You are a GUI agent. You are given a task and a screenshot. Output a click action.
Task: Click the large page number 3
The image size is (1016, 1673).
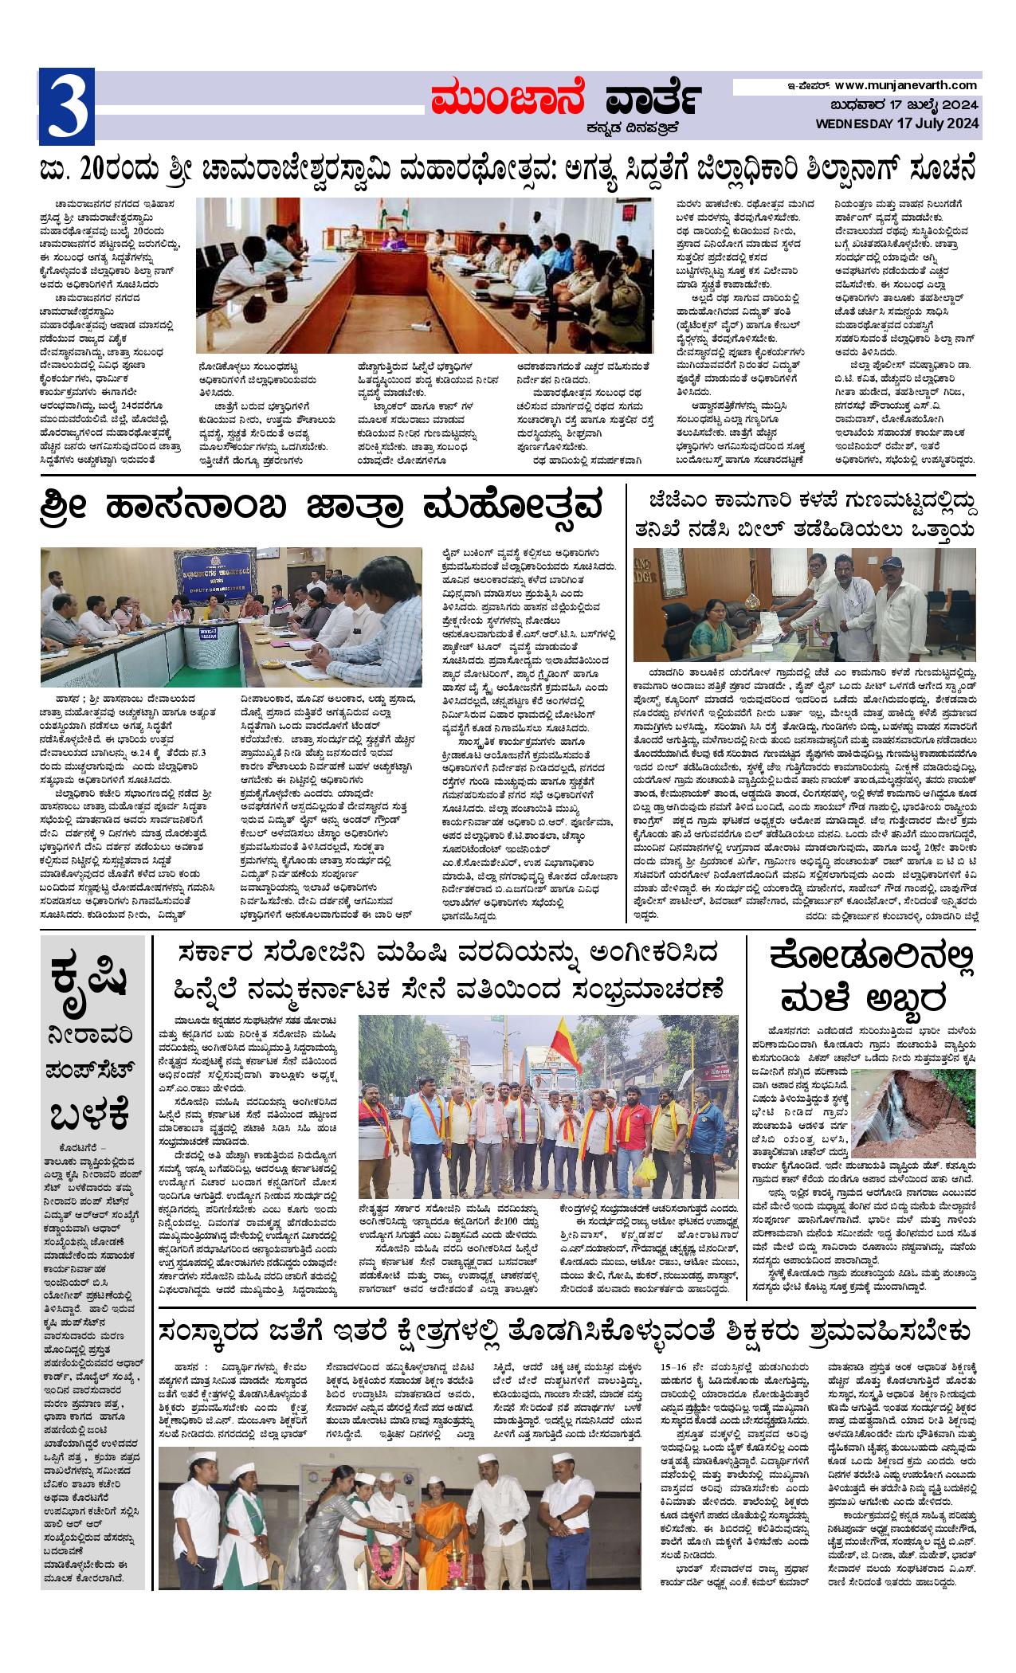click(x=66, y=104)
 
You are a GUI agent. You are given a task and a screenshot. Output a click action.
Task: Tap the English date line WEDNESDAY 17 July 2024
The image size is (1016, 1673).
click(x=896, y=123)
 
